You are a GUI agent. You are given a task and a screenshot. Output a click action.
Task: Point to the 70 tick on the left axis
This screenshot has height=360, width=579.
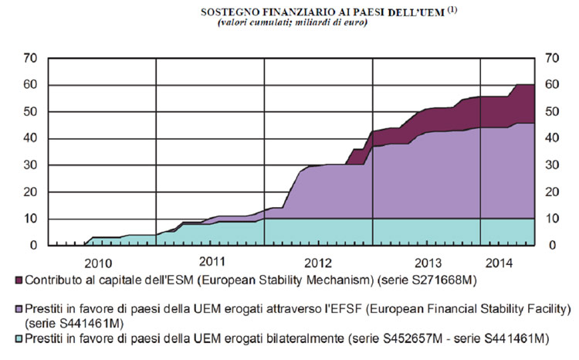coord(31,58)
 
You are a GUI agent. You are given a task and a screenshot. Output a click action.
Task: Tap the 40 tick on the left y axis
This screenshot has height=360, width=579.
coord(31,138)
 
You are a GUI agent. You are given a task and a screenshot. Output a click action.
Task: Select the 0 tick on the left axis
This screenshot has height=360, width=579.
coord(34,246)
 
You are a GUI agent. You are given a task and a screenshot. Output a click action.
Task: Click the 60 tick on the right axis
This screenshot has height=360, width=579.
coord(551,85)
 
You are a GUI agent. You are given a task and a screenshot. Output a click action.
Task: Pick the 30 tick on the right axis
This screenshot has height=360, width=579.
coord(551,165)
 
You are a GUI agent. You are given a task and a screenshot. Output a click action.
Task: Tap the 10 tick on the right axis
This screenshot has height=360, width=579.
coord(551,219)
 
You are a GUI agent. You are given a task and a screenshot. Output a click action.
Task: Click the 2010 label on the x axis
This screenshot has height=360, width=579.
coord(99,262)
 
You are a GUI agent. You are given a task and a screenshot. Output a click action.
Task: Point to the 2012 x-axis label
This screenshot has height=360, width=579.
coord(317,261)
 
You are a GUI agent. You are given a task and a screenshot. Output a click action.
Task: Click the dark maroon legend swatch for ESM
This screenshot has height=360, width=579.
coord(19,280)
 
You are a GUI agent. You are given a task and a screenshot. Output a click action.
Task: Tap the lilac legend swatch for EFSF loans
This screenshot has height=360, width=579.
coord(19,310)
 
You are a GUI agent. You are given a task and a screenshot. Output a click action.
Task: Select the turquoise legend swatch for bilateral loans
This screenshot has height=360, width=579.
coord(19,338)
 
